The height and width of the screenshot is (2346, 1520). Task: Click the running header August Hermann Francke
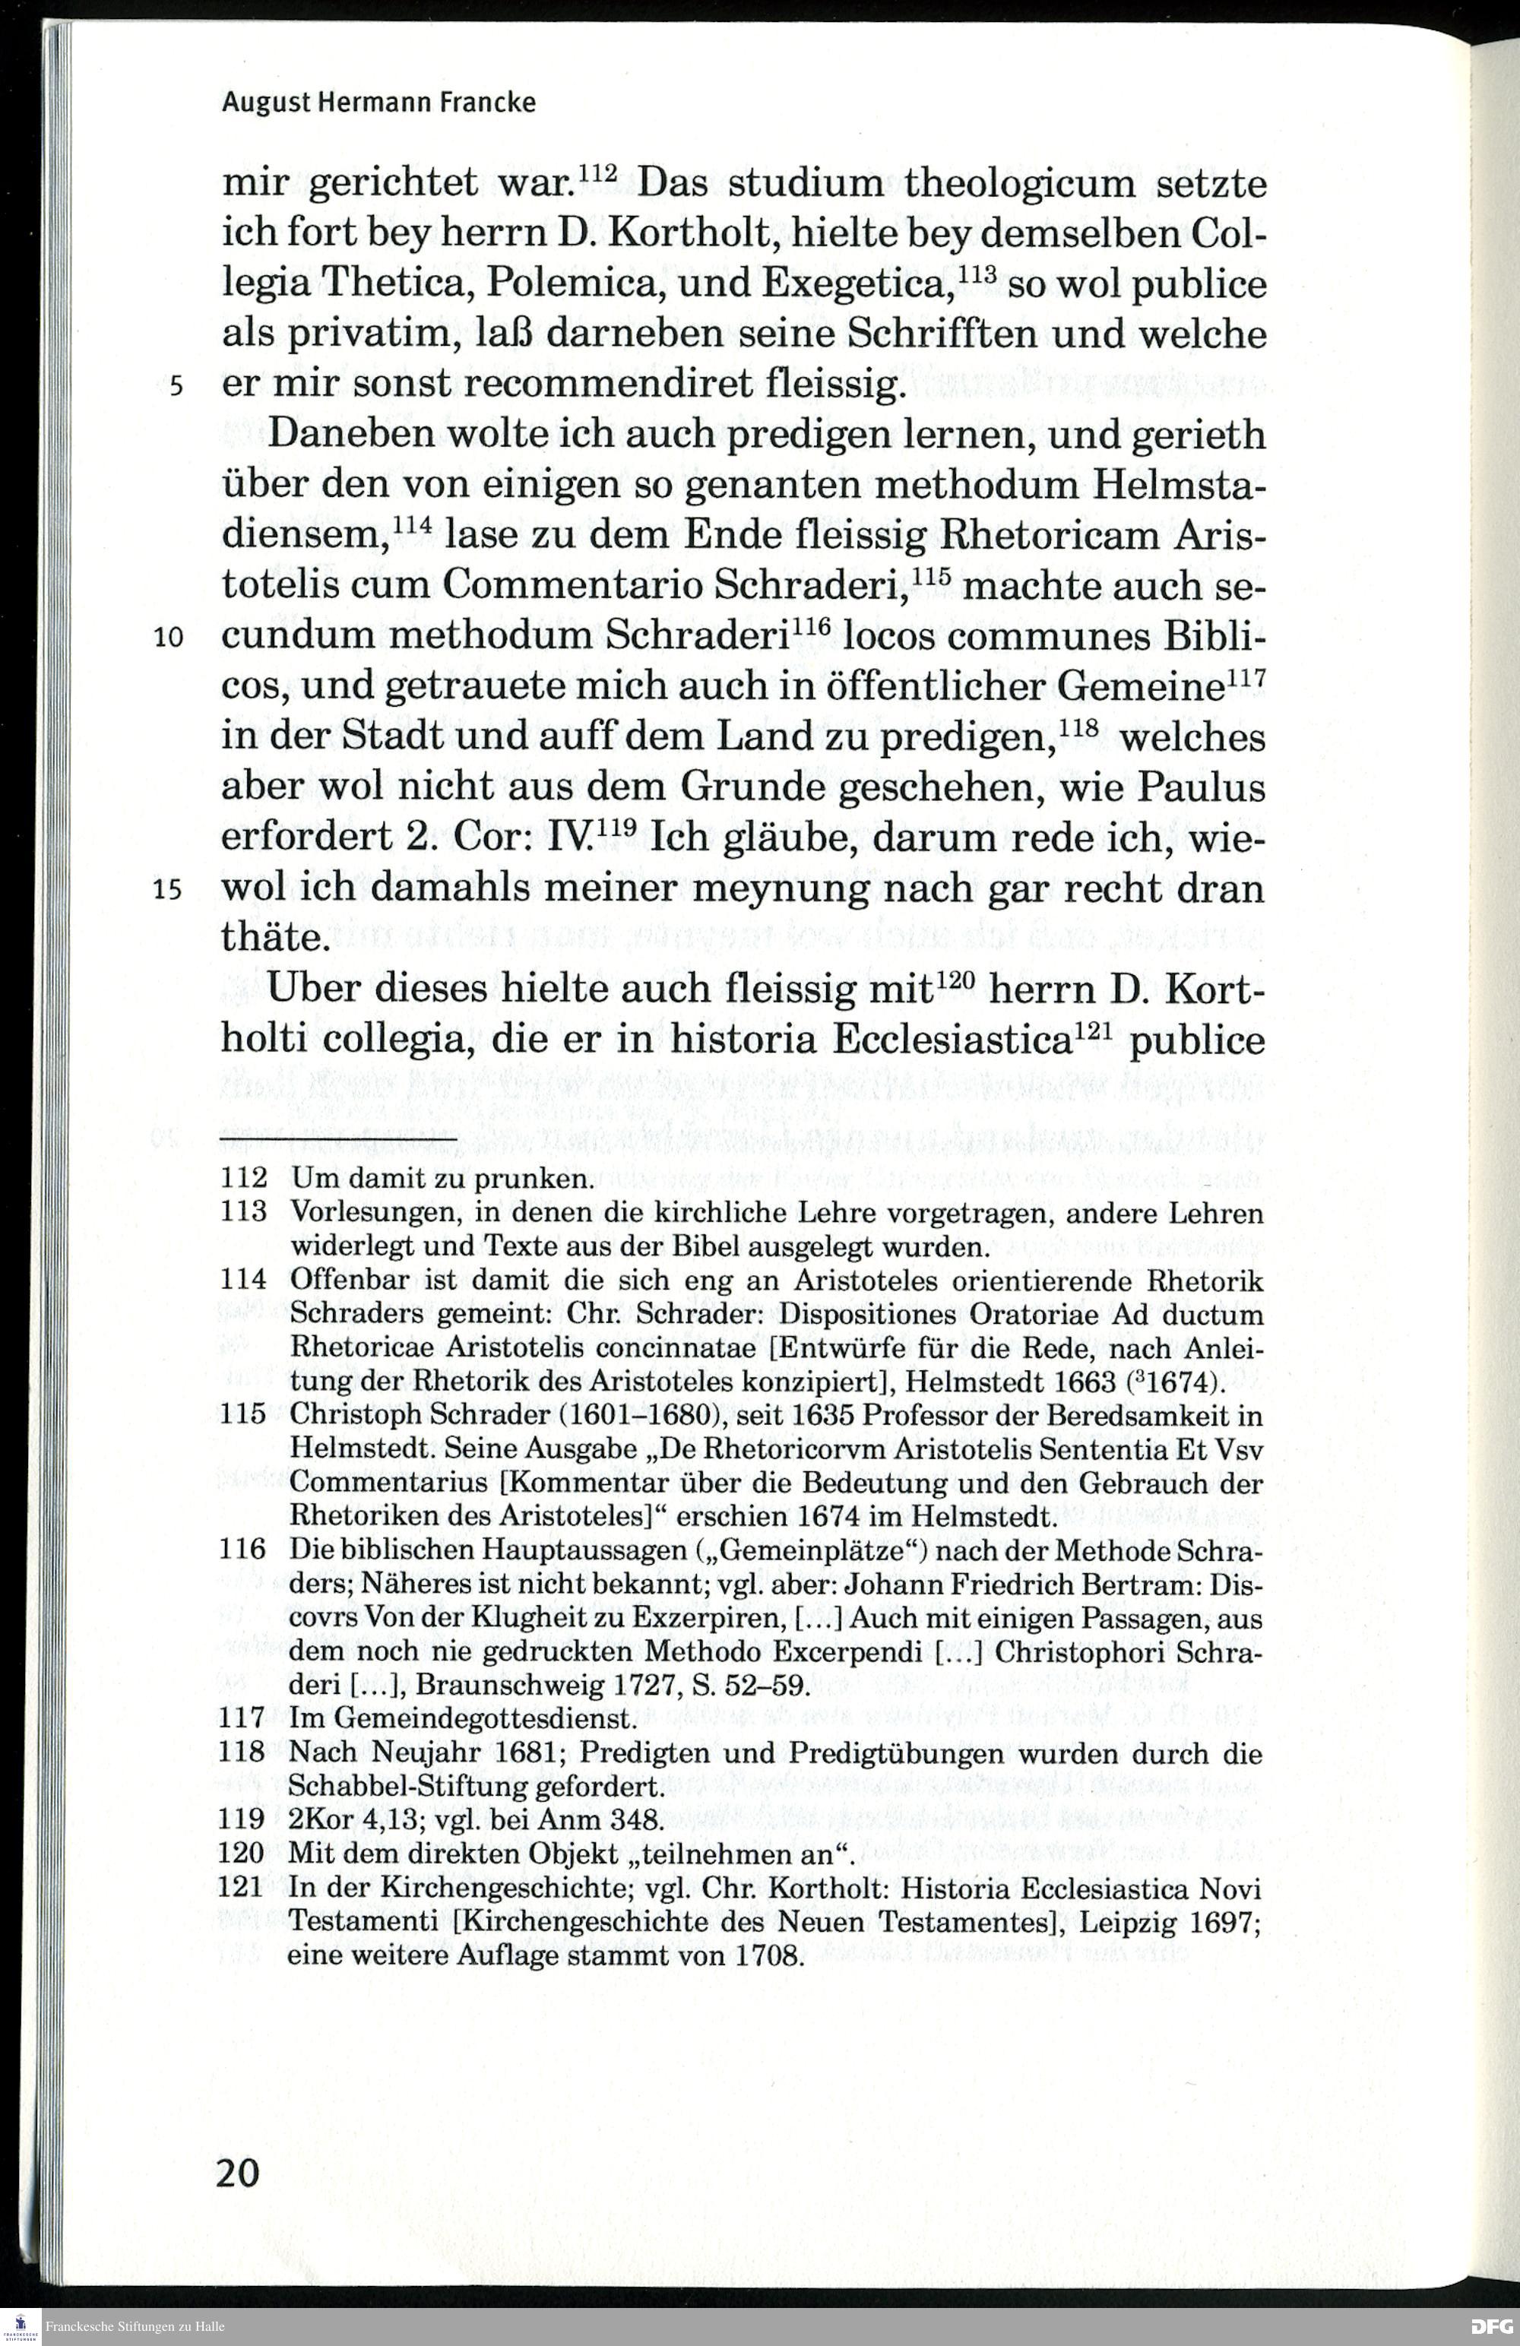coord(378,103)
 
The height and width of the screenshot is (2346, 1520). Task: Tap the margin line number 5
coord(176,385)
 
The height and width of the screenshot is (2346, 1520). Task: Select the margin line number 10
coord(169,638)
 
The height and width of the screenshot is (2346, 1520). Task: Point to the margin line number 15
coord(169,890)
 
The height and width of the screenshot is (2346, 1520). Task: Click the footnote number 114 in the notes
coord(242,1281)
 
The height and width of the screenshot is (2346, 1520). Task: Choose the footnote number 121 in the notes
coord(242,1889)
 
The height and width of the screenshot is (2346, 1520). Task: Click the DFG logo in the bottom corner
coord(1491,2326)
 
